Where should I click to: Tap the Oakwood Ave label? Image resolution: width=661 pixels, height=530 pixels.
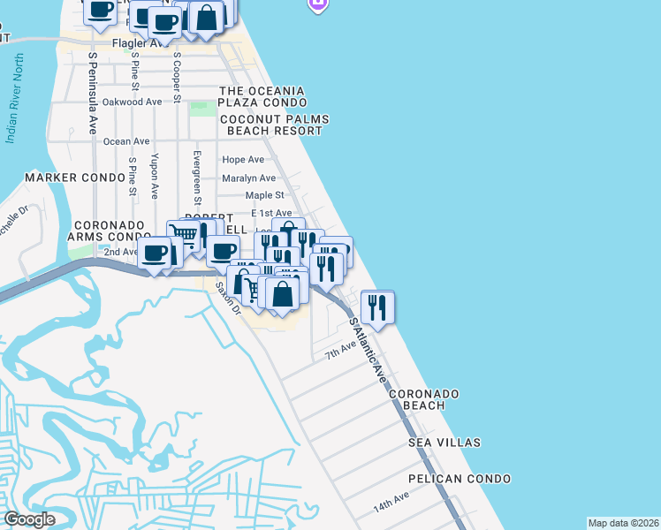point(133,102)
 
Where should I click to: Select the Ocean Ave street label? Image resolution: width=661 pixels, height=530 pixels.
point(126,141)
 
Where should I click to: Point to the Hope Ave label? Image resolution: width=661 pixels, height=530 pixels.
point(243,160)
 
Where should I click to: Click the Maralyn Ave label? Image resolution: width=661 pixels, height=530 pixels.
point(249,178)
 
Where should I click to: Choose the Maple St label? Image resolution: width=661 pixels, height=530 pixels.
point(264,195)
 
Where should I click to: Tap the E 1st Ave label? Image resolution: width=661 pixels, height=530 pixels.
point(271,214)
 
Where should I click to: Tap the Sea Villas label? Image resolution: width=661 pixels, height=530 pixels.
point(444,442)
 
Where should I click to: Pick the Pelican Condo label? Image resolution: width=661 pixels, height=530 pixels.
point(460,479)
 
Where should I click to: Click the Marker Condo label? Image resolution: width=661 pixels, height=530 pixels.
point(75,178)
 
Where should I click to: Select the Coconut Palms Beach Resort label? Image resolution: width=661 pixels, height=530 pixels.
point(274,125)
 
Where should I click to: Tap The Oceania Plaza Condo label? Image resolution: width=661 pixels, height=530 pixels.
point(262,97)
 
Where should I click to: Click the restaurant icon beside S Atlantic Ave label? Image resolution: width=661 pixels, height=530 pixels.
point(377,307)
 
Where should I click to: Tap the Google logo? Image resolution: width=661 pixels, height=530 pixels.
point(28,519)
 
